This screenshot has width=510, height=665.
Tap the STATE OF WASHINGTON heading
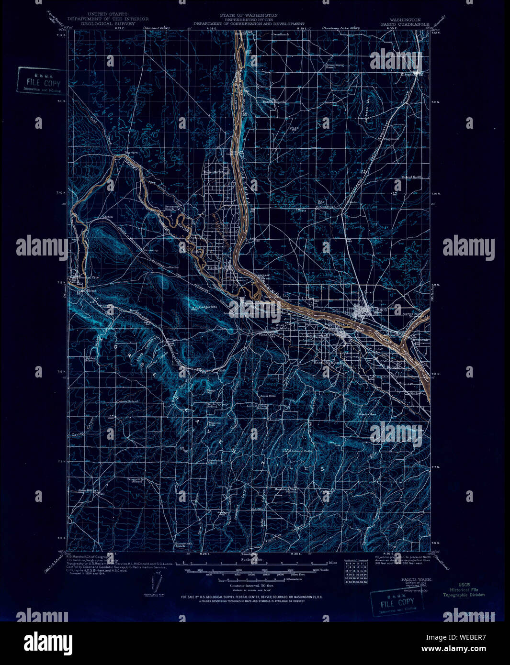pyautogui.click(x=249, y=15)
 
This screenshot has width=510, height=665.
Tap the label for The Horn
pyautogui.click(x=131, y=153)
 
